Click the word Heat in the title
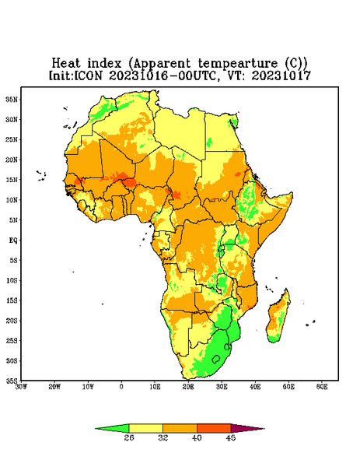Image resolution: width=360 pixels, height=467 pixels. tap(66, 64)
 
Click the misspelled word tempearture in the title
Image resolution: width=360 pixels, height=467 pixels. tap(237, 64)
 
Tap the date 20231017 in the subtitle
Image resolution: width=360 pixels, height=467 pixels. tap(281, 75)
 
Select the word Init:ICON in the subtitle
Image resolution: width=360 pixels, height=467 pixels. tap(75, 75)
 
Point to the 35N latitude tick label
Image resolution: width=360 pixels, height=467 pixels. tap(12, 100)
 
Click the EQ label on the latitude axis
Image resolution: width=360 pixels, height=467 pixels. tap(13, 240)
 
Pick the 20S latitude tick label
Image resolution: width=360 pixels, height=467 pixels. tap(12, 321)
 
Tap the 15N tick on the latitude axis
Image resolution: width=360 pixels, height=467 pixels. tap(12, 180)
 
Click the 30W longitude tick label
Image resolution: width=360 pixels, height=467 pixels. tap(21, 387)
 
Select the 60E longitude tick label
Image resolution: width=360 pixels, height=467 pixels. tap(322, 387)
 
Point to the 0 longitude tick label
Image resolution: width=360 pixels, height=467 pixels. tap(121, 387)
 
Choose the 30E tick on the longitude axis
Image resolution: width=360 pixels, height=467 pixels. tap(222, 387)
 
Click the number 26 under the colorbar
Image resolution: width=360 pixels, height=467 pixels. tap(129, 437)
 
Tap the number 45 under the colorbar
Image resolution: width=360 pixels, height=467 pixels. tap(231, 437)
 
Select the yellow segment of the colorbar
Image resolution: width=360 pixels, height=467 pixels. tap(145, 428)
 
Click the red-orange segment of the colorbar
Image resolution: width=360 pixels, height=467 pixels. tap(214, 428)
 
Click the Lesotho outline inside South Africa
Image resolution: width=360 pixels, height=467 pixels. tap(216, 359)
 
